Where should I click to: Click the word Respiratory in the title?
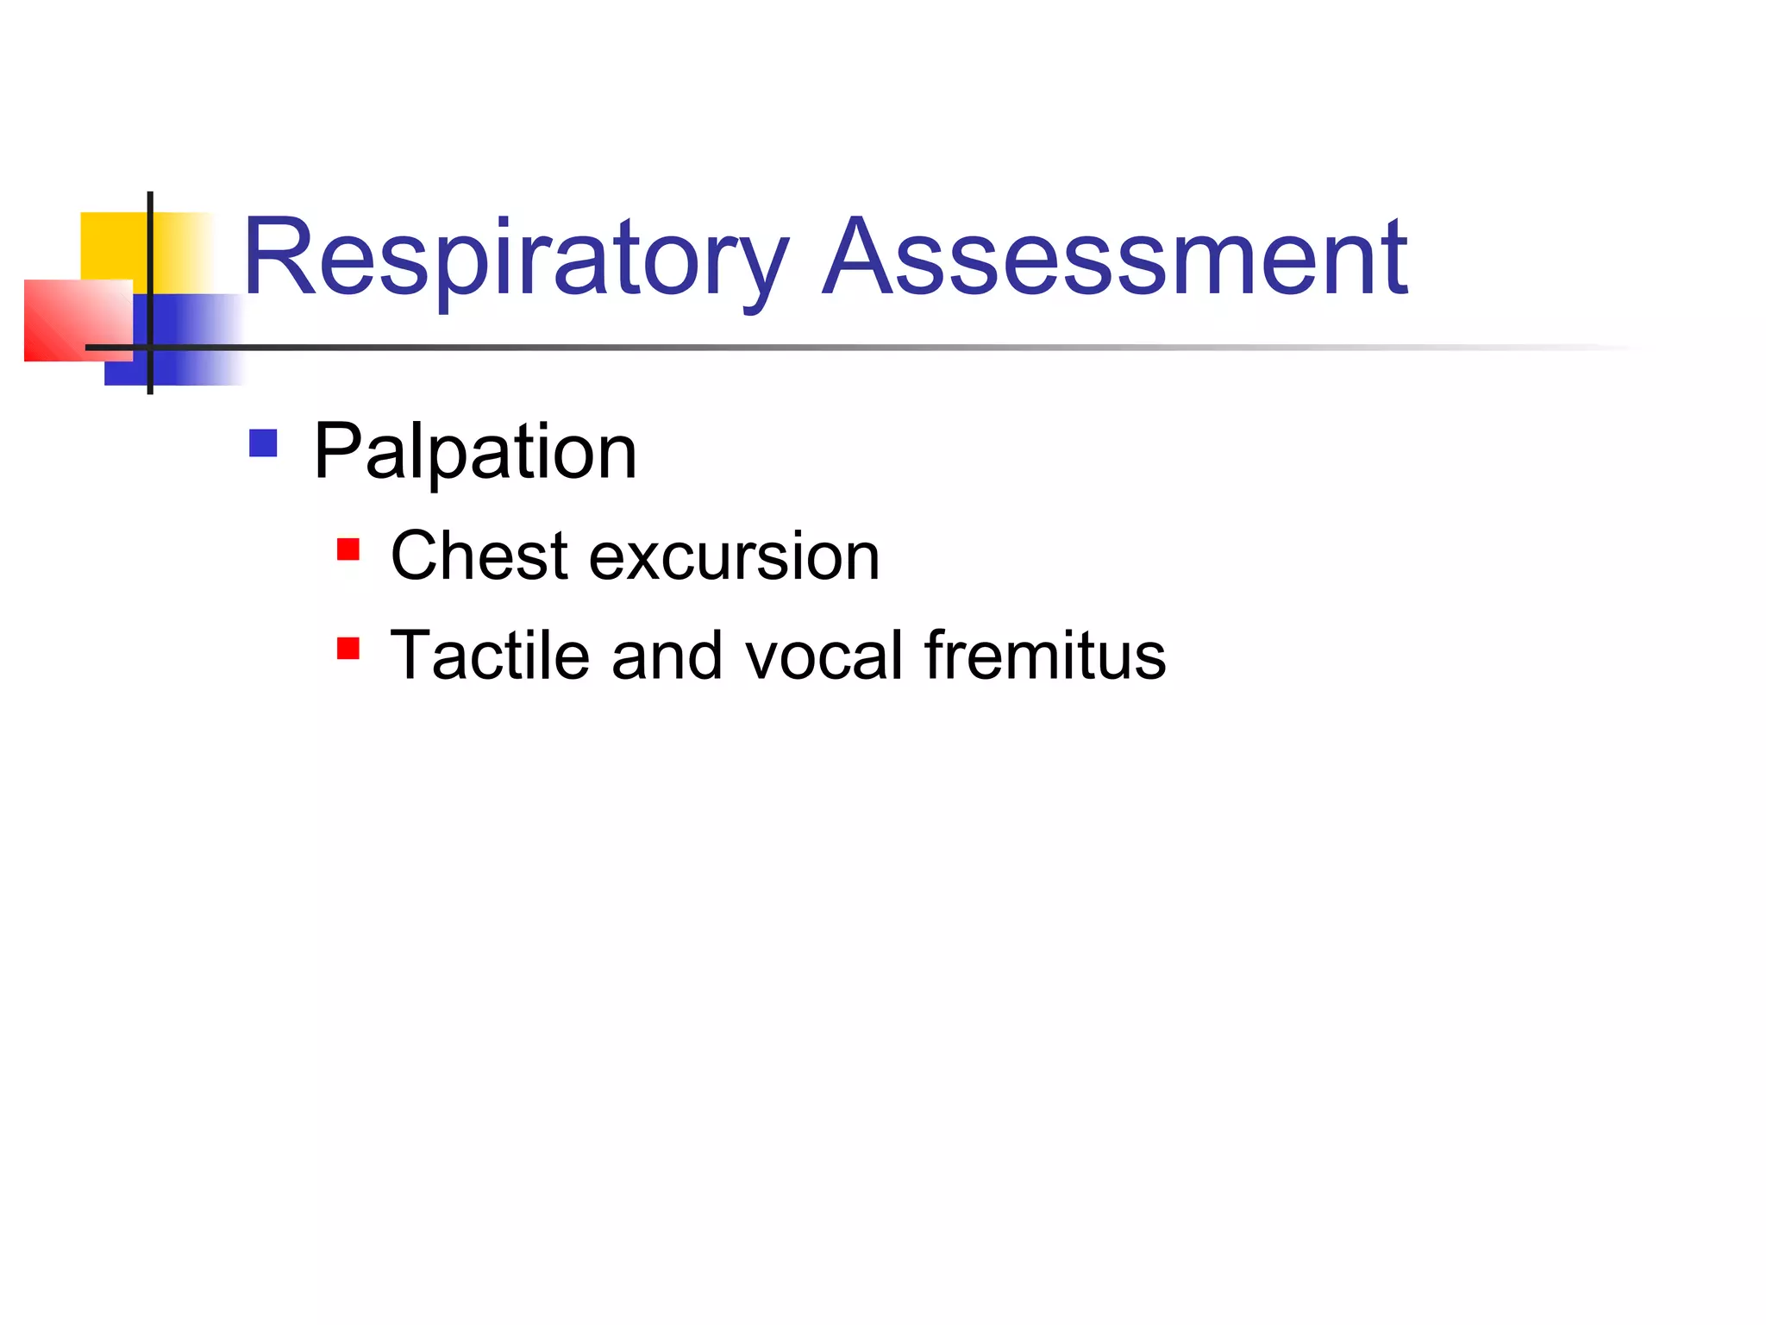[x=516, y=259]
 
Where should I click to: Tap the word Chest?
[x=479, y=556]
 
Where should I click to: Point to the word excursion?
[x=734, y=557]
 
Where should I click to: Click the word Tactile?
[x=490, y=656]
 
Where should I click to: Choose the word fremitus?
[x=1045, y=656]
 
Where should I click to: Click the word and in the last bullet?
[x=667, y=656]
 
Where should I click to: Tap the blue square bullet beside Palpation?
[x=263, y=443]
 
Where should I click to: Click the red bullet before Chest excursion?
[x=348, y=549]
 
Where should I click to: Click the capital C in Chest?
[x=418, y=556]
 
